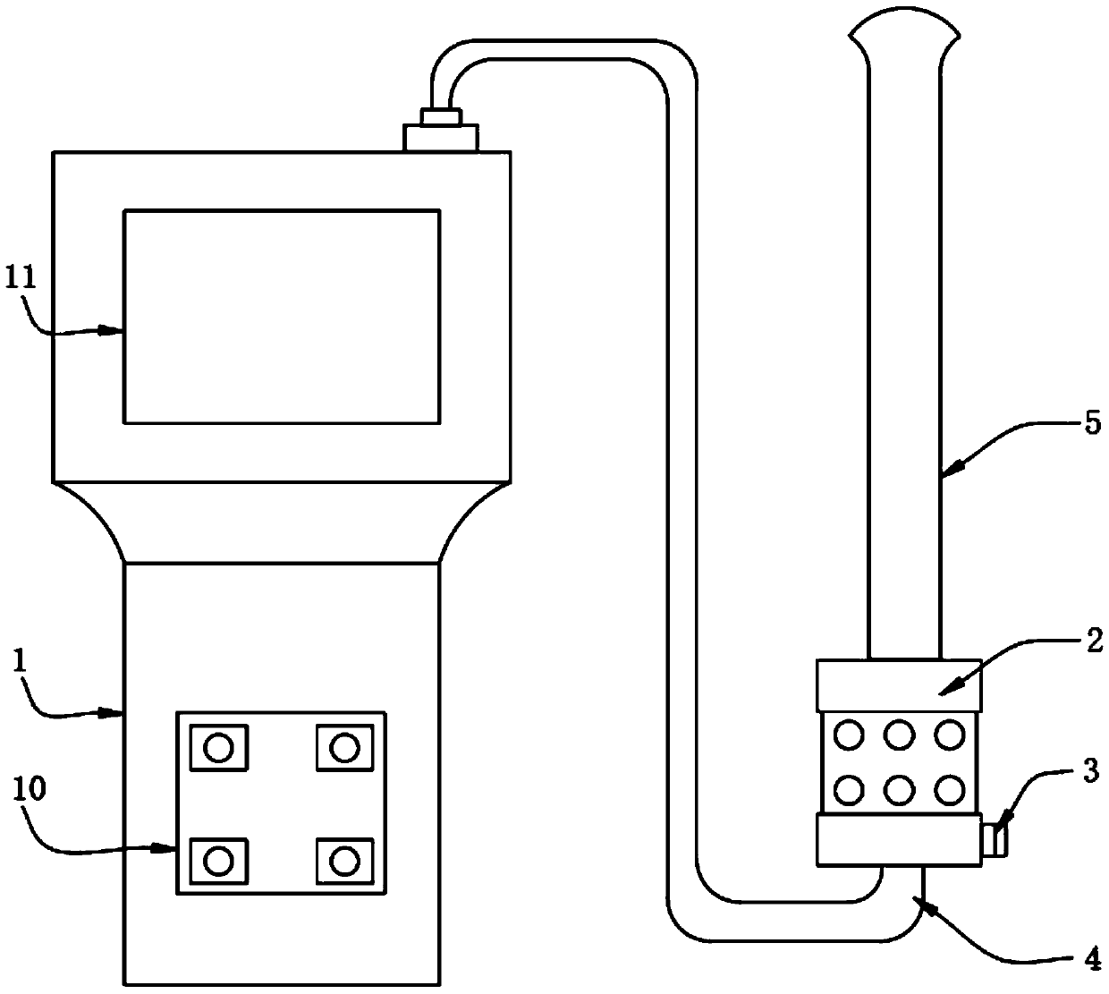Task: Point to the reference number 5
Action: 1092,424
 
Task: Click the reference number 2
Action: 1094,639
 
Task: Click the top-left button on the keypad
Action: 218,746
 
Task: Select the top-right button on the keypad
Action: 344,746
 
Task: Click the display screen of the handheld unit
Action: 282,316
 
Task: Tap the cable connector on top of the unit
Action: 441,132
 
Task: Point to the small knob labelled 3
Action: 994,842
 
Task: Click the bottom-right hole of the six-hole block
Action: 949,789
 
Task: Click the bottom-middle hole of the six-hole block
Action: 899,789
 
